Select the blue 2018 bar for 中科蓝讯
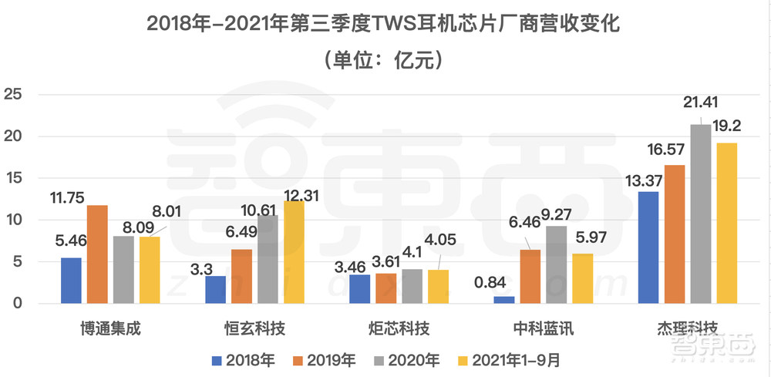(x=504, y=300)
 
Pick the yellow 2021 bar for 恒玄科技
(x=293, y=252)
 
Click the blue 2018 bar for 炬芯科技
(x=360, y=288)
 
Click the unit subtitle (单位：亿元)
(x=385, y=59)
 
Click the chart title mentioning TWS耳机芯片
(x=385, y=23)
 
